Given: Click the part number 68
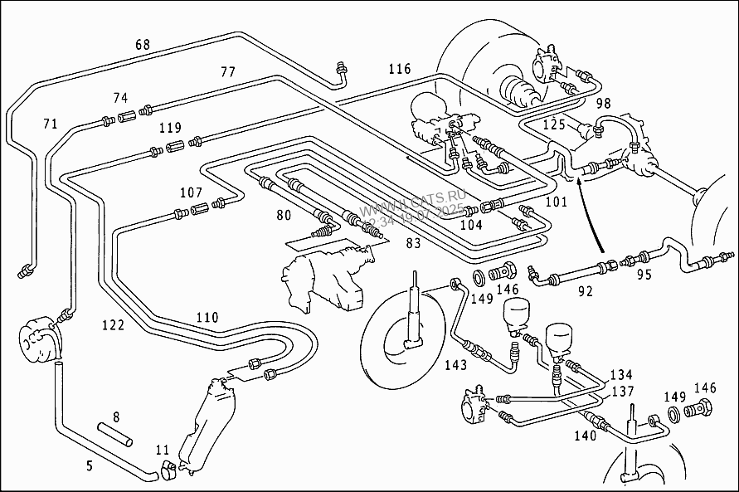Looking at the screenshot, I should (143, 45).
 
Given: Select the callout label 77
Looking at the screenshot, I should (228, 72).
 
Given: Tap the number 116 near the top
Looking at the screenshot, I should (399, 69).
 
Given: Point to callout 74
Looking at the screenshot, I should (121, 98).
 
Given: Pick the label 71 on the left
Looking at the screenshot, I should (51, 124).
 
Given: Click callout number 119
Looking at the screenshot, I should (170, 128).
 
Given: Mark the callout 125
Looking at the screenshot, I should (554, 125).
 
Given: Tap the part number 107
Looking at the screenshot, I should (192, 193).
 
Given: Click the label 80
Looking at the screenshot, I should (284, 217).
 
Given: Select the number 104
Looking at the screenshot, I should (471, 225).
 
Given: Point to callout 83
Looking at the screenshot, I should (413, 243).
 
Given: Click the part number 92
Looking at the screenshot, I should (586, 291).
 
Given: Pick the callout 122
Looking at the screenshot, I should (113, 325).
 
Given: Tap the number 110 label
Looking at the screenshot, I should (207, 318).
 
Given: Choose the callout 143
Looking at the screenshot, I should (455, 365).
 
